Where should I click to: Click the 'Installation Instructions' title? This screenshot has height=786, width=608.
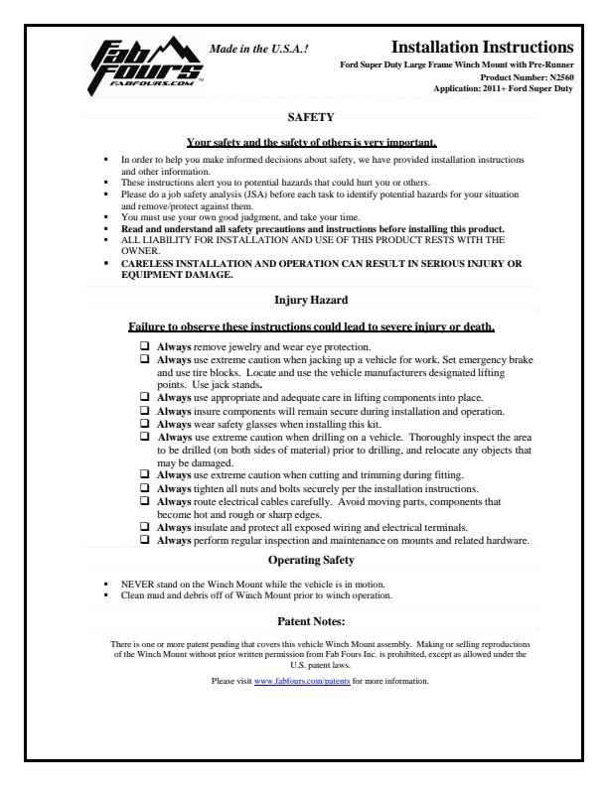click(x=482, y=47)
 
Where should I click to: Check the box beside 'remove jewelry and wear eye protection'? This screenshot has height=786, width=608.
click(x=146, y=346)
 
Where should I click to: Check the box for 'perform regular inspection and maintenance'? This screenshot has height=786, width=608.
click(x=146, y=540)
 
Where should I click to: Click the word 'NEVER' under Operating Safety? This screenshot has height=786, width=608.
click(x=137, y=585)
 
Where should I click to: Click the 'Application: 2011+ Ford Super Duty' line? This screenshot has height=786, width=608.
click(x=504, y=88)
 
